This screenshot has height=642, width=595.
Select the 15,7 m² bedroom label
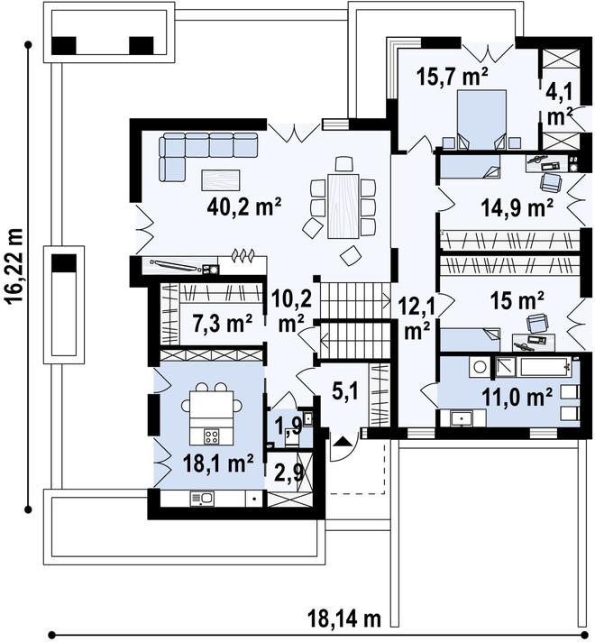(x=452, y=77)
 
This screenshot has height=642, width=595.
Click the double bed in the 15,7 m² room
(x=481, y=120)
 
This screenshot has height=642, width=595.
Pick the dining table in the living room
(x=343, y=206)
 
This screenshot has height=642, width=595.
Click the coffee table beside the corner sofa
(x=221, y=180)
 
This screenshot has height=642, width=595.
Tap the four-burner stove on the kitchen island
(x=211, y=436)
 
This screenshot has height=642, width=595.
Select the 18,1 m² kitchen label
(x=218, y=463)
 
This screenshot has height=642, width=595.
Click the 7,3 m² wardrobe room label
(x=222, y=324)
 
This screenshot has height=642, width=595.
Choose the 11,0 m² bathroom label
(x=517, y=396)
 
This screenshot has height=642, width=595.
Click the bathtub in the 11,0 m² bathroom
(x=533, y=367)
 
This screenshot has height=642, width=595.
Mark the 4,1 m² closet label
(x=559, y=104)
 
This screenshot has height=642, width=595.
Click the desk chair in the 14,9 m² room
(x=551, y=182)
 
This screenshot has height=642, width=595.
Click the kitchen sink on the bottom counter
(x=202, y=499)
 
